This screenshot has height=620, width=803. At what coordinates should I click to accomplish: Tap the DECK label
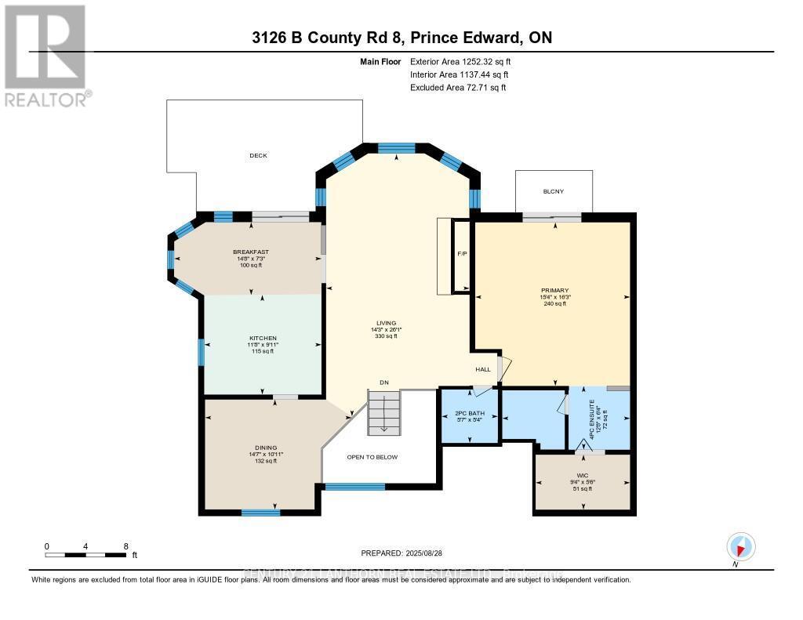pyautogui.click(x=258, y=155)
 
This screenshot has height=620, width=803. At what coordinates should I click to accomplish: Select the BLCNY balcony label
pyautogui.click(x=553, y=191)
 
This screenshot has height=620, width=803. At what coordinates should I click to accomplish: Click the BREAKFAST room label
pyautogui.click(x=251, y=252)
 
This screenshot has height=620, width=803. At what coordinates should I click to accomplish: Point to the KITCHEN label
pyautogui.click(x=262, y=338)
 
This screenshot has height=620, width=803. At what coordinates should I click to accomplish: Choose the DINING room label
pyautogui.click(x=263, y=448)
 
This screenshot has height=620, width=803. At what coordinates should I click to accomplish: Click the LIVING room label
pyautogui.click(x=386, y=323)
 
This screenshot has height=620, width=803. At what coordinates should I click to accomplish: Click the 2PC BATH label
pyautogui.click(x=470, y=413)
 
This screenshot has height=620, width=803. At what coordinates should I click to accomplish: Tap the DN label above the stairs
pyautogui.click(x=384, y=383)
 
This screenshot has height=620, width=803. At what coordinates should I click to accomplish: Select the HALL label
pyautogui.click(x=483, y=369)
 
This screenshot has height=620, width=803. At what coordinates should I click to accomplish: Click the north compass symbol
pyautogui.click(x=740, y=546)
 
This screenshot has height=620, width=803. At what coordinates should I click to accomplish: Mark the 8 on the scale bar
pyautogui.click(x=125, y=546)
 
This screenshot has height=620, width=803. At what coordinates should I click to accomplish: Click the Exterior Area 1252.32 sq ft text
pyautogui.click(x=462, y=61)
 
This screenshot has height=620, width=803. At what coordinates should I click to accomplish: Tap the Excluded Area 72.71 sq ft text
pyautogui.click(x=458, y=88)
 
